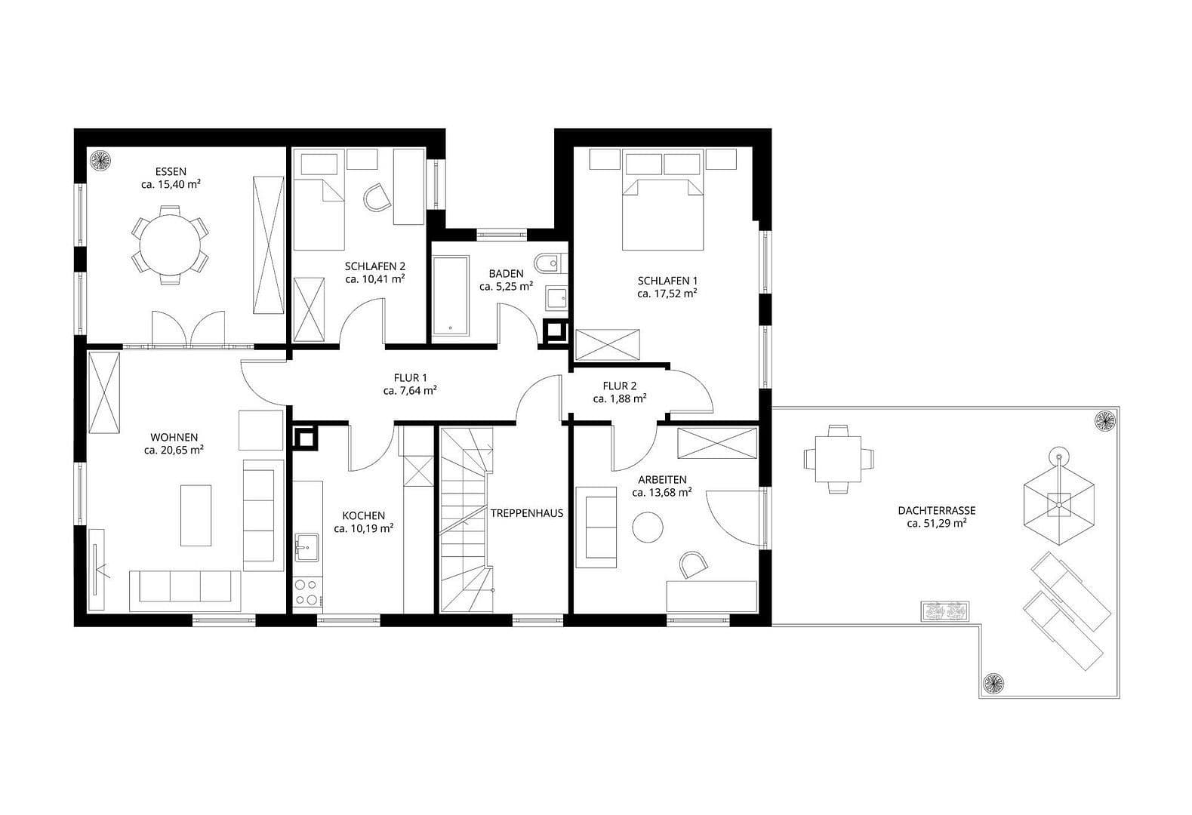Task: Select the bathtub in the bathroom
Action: click(450, 297)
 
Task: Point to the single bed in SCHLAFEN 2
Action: click(319, 214)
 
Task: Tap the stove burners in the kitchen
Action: click(306, 592)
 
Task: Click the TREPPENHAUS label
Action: click(527, 513)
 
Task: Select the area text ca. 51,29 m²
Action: click(937, 522)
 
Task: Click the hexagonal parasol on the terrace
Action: click(1058, 500)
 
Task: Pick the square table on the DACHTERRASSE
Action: click(838, 458)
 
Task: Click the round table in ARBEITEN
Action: click(648, 526)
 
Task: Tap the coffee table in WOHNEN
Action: click(196, 515)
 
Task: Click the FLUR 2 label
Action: click(619, 386)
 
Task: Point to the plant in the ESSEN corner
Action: click(100, 160)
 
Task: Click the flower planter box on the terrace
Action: click(944, 610)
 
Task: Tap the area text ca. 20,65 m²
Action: click(174, 450)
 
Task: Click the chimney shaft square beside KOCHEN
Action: click(305, 438)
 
